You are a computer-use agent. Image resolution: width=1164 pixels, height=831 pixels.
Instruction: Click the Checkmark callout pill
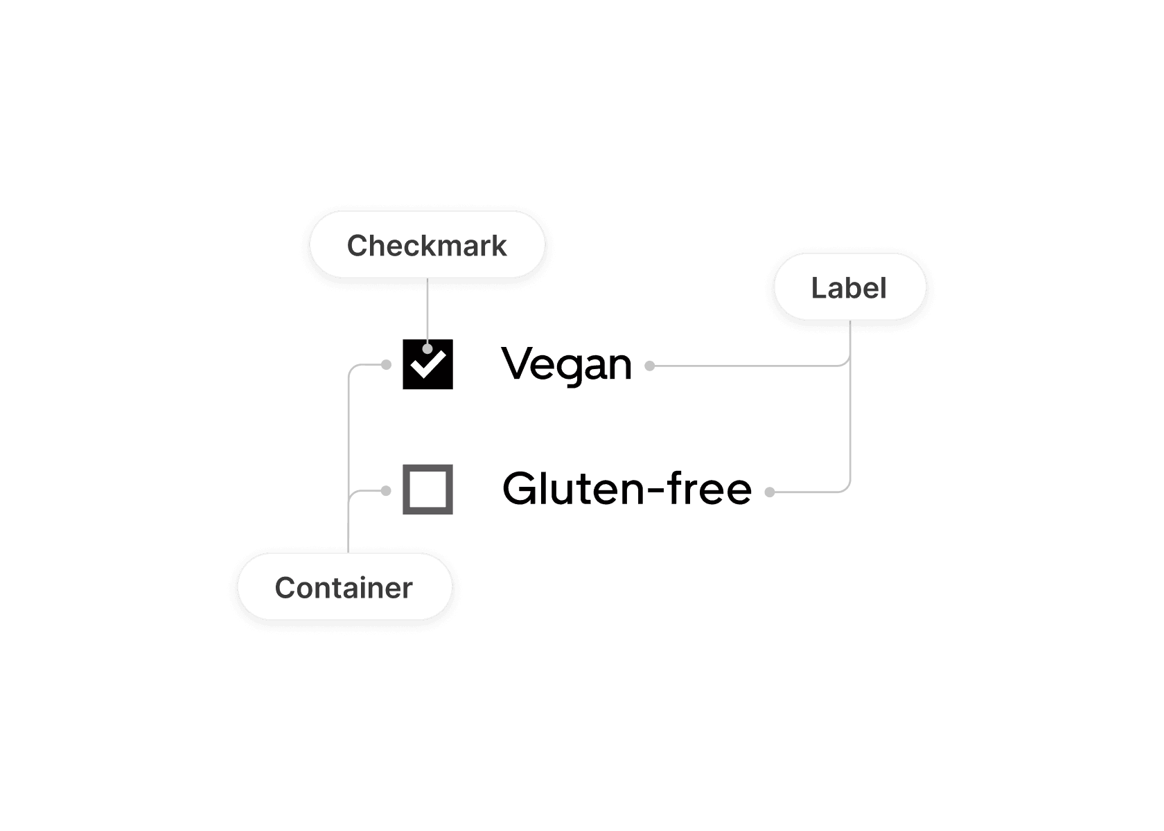pos(427,245)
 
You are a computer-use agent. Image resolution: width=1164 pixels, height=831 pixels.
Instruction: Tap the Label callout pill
pos(849,287)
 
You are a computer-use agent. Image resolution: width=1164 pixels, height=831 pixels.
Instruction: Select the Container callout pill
pos(344,587)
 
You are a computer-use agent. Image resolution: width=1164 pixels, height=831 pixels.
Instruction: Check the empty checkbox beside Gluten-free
pos(427,490)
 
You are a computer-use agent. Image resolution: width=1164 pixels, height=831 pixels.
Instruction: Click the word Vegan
pos(567,365)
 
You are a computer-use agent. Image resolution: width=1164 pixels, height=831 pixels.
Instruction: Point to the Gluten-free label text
pos(627,489)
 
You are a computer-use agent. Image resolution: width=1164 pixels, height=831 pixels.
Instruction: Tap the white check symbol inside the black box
pos(428,364)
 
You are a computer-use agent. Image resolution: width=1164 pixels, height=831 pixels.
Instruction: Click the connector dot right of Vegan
pos(650,366)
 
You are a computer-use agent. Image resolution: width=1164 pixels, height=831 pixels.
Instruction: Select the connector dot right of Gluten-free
pos(769,492)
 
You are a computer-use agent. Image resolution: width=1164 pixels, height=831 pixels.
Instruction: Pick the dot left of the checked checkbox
pos(387,364)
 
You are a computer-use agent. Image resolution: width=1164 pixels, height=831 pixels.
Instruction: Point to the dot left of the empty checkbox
pos(387,491)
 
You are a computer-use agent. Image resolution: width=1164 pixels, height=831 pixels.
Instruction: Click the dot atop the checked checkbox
pos(427,348)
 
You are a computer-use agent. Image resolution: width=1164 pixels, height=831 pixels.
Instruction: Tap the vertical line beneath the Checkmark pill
pos(427,308)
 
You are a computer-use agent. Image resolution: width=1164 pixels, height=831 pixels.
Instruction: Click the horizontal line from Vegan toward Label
pos(748,366)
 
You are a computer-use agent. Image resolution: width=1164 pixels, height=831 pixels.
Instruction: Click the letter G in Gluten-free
pos(521,489)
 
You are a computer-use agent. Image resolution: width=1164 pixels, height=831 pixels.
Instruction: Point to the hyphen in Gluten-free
pos(656,492)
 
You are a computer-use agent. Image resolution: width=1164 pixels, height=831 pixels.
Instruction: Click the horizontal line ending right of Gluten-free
pos(807,492)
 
